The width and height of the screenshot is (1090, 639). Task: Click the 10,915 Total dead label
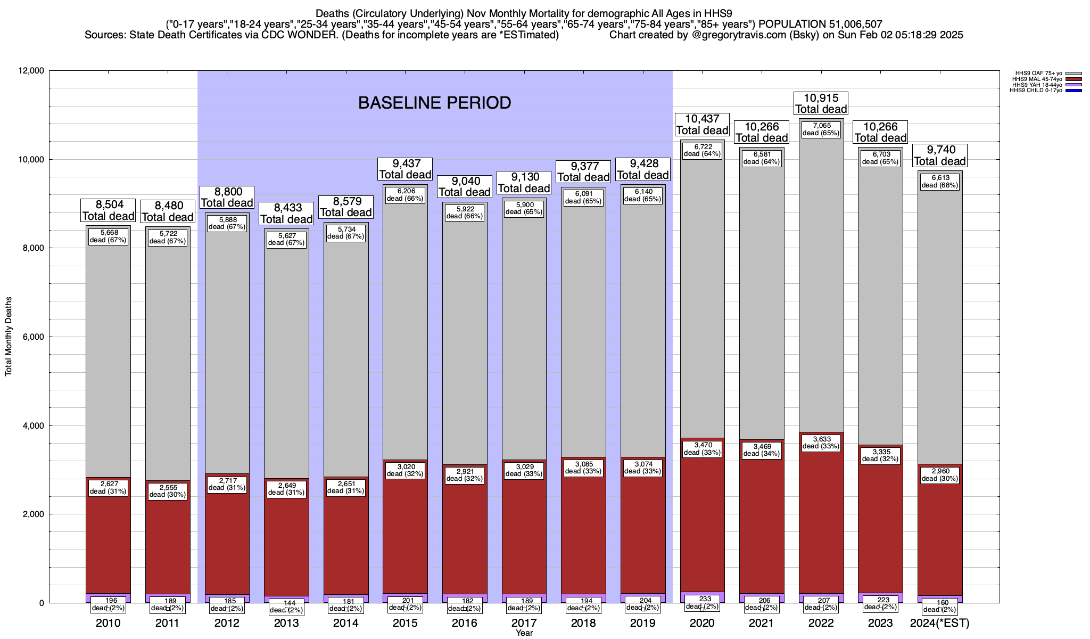pos(821,103)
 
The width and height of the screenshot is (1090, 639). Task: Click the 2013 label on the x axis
pos(286,623)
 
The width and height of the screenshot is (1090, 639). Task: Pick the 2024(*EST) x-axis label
pos(940,623)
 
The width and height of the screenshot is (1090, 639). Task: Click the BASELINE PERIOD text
pos(434,103)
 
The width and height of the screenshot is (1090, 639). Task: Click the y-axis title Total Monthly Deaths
pos(9,337)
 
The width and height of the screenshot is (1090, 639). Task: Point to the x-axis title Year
pos(524,633)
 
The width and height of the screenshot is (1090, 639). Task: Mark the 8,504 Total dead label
pos(108,210)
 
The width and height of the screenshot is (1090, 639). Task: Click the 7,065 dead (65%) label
pos(821,129)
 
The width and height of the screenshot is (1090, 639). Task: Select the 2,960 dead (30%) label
pos(940,475)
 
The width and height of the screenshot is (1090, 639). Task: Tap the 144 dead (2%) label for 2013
pos(286,607)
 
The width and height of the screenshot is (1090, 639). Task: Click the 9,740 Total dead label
pos(940,155)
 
